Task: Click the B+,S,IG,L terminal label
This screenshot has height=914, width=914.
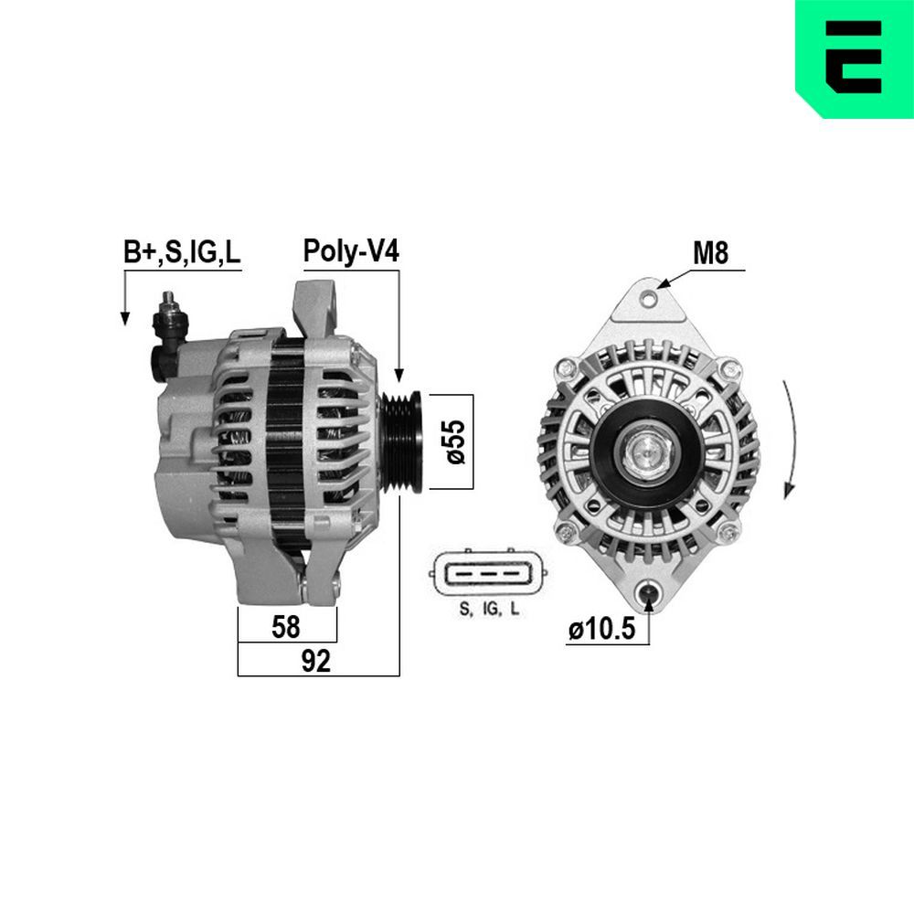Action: pyautogui.click(x=182, y=253)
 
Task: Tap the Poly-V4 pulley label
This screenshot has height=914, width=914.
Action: pyautogui.click(x=351, y=252)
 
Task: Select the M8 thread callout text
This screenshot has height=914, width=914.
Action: pyautogui.click(x=710, y=253)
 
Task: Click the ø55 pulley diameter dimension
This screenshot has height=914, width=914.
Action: pyautogui.click(x=458, y=442)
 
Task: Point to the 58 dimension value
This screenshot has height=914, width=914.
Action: pyautogui.click(x=286, y=627)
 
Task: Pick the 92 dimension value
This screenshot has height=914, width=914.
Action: pyautogui.click(x=315, y=661)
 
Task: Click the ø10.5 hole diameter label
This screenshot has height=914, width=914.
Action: pyautogui.click(x=600, y=631)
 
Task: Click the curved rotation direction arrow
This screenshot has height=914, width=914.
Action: pyautogui.click(x=789, y=439)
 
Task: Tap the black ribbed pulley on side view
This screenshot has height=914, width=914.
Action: pyautogui.click(x=402, y=441)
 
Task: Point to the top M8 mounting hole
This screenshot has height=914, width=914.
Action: pyautogui.click(x=649, y=298)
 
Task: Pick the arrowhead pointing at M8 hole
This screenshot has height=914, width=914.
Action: pyautogui.click(x=665, y=284)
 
